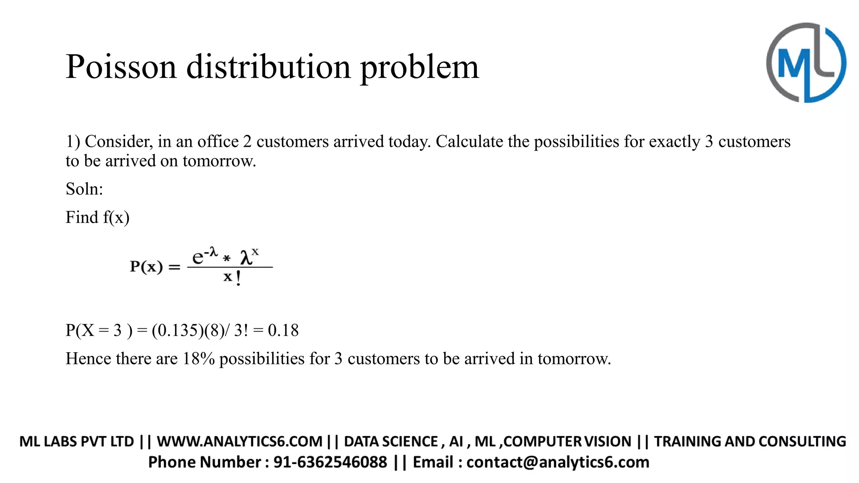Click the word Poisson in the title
point(121,67)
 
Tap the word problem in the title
point(419,67)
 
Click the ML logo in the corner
point(806,63)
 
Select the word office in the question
point(218,142)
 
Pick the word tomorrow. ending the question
point(219,161)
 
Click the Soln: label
point(84,189)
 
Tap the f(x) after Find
point(116,218)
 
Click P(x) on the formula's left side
point(146,266)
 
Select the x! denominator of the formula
point(232,277)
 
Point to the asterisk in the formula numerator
point(227,258)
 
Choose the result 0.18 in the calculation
point(283,330)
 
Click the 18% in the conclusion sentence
point(198,359)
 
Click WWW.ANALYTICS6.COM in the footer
point(239,441)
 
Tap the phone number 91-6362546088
point(330,462)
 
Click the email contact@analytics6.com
point(558,462)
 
